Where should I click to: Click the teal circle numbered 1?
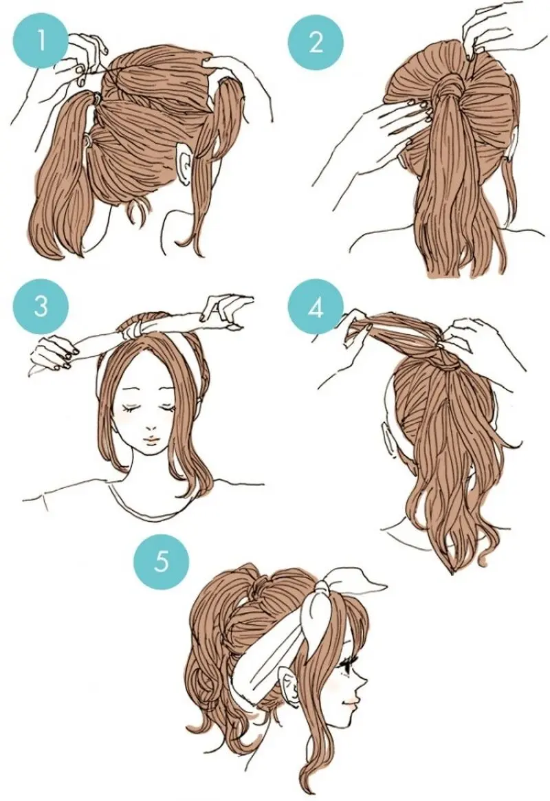coord(42,41)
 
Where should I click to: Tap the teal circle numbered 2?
coord(316,41)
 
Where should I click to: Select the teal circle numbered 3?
coord(42,307)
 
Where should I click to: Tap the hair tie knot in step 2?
coord(450,83)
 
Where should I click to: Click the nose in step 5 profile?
coord(364,683)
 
